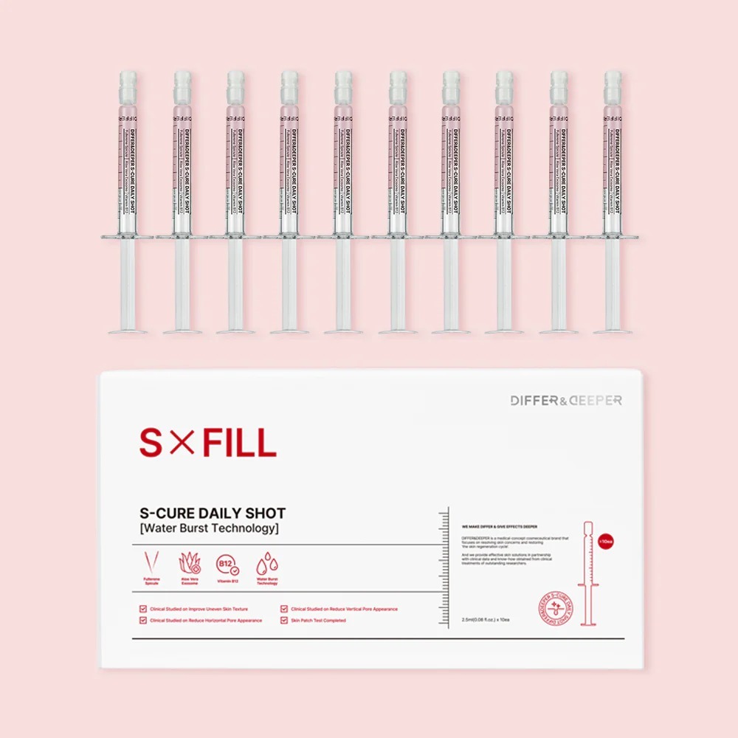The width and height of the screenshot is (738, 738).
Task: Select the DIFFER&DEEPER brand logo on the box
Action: click(566, 400)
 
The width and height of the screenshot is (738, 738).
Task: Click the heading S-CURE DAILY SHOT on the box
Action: click(213, 513)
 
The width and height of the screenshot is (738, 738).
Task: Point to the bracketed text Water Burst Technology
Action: click(209, 528)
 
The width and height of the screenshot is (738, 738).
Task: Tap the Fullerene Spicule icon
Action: click(151, 565)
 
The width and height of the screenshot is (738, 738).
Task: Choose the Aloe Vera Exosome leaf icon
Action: click(190, 565)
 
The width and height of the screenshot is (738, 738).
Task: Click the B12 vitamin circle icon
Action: click(228, 565)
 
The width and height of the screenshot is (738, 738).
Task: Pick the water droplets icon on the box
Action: click(266, 565)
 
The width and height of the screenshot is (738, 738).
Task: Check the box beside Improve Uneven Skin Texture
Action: click(143, 609)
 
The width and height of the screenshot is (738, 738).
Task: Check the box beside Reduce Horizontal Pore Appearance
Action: click(143, 621)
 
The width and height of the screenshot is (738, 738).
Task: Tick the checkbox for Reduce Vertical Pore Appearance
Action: click(285, 609)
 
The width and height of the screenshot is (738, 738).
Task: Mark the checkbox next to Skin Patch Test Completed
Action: click(285, 621)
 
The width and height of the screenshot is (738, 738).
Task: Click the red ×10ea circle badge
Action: click(607, 540)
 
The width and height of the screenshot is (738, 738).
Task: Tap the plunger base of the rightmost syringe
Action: click(613, 330)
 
